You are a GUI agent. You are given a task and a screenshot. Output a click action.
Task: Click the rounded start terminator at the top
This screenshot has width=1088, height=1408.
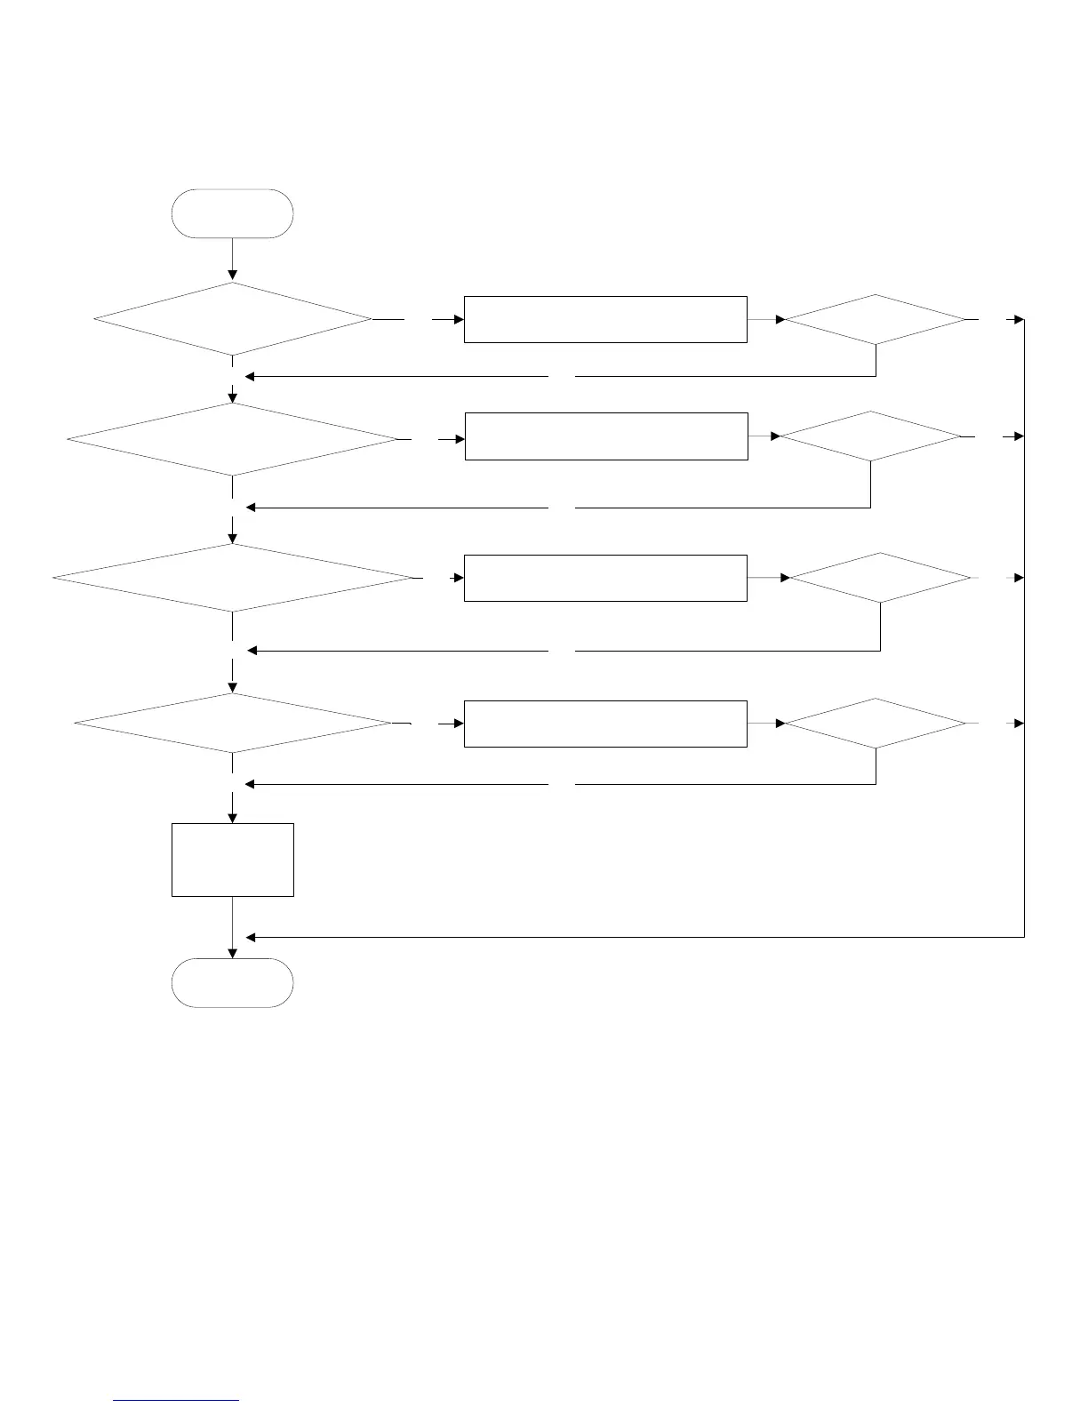232,213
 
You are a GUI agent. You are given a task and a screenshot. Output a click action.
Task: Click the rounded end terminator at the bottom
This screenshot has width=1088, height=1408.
232,982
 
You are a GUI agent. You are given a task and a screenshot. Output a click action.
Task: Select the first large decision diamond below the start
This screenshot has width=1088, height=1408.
232,319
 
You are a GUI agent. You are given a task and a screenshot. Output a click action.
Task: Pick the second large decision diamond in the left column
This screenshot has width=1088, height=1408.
232,440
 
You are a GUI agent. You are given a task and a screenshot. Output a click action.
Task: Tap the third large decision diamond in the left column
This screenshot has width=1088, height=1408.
232,578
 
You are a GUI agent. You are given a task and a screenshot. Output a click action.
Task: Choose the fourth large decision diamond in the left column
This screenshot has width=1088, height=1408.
232,724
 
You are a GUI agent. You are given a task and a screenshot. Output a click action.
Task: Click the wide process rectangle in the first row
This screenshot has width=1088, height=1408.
604,319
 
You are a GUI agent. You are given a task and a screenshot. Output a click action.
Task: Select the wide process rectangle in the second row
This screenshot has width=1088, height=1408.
605,436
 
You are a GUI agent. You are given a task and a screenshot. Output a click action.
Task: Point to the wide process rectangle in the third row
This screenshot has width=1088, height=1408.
604,578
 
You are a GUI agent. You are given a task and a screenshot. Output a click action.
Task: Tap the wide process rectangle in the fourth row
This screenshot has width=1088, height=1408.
604,724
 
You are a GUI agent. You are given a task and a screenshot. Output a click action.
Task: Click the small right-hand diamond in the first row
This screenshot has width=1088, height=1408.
876,319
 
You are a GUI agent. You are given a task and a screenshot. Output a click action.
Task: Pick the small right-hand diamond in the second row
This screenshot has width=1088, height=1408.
870,436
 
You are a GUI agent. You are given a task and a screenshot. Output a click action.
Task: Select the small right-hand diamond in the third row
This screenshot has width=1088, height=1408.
880,578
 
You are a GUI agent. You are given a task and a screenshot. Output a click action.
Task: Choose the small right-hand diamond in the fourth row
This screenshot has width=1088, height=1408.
876,724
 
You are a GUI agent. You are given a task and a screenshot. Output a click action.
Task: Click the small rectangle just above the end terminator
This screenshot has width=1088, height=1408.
232,860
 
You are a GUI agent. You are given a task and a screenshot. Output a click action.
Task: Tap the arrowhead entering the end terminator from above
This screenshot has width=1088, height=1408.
232,953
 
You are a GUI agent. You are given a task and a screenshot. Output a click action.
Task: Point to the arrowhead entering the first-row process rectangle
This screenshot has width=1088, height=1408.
459,319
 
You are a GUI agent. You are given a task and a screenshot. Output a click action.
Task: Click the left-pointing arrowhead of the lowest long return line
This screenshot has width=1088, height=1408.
251,937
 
